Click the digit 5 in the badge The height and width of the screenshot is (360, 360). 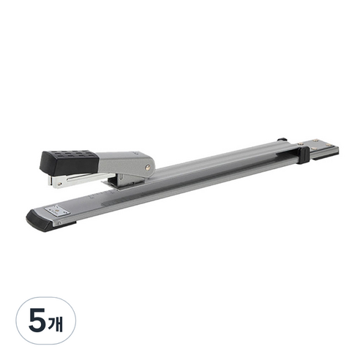tap(37, 320)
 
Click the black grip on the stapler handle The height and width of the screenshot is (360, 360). tap(70, 162)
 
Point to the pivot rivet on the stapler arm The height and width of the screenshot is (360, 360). tap(147, 167)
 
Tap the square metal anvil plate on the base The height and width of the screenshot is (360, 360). tap(58, 210)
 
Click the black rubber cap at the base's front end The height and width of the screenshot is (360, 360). tap(39, 220)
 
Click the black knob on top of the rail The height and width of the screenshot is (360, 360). tap(282, 140)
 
